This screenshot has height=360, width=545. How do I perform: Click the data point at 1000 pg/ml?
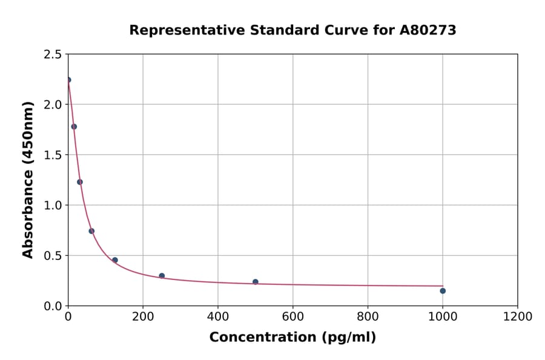point(443,291)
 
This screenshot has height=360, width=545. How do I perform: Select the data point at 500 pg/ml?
point(256,282)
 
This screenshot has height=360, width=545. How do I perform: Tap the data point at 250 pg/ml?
point(162,276)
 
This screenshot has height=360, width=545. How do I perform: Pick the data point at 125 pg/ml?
point(115,260)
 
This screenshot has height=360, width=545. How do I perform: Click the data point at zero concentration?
point(68,80)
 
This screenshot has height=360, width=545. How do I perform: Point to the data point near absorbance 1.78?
point(74,127)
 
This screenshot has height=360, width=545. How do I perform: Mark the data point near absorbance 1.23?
point(80,182)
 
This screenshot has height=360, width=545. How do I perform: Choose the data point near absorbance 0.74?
point(91,231)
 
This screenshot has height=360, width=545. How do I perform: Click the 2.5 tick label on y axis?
point(52,55)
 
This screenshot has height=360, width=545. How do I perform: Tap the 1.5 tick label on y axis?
point(52,155)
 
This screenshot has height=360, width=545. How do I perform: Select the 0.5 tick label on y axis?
point(52,256)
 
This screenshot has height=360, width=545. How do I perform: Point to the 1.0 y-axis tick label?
point(52,205)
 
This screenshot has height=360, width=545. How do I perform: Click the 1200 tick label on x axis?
point(517,317)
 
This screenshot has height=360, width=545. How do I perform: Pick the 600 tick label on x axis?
point(292,317)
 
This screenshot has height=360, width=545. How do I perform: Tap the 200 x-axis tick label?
point(143,317)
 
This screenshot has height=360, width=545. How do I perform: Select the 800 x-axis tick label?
point(368,317)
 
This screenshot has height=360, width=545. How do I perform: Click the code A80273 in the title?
point(428,30)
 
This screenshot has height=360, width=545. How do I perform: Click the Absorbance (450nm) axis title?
point(28,179)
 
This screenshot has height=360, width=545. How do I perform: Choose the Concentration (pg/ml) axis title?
point(292,338)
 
